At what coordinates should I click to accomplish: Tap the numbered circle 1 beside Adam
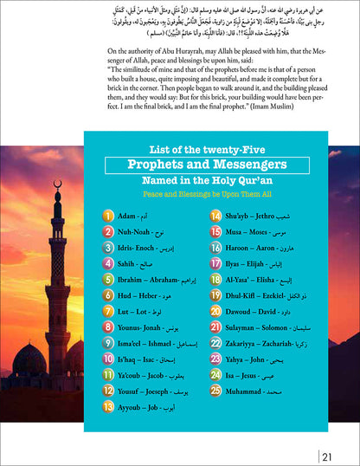pos(108,216)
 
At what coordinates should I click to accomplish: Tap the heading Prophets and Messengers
pos(179,164)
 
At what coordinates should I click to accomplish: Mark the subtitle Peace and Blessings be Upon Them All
pos(179,197)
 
